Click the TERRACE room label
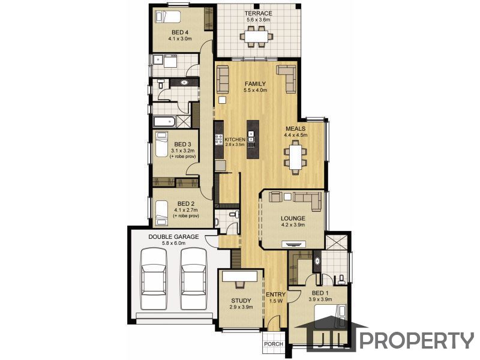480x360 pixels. pos(258,13)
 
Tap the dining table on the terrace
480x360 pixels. pos(257,37)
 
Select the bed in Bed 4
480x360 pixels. pos(168,16)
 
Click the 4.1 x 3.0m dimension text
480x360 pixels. pos(179,39)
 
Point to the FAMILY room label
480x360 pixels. pos(255,84)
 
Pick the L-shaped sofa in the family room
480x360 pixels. pos(287,78)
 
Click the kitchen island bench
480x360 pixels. pos(253,139)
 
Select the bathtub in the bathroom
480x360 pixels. pos(164,122)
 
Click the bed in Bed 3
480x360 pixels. pos(161,144)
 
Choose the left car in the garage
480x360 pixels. pos(154,278)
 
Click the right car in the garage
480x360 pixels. pos(193,278)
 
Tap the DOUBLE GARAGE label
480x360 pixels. pos(173,236)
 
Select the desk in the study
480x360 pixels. pos(239,277)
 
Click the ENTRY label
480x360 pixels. pos(276,295)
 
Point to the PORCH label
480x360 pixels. pos(274,344)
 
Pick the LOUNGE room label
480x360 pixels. pos(293,218)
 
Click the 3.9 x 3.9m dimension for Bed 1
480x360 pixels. pos(320,299)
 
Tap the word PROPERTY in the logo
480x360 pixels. pos(417,340)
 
